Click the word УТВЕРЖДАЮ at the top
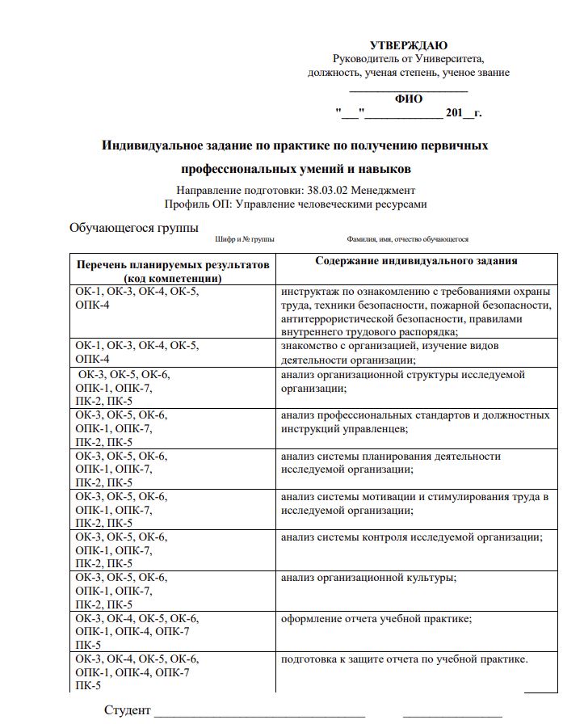click(408, 45)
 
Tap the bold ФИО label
click(408, 99)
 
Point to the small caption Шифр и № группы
click(245, 240)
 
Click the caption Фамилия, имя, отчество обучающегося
click(407, 240)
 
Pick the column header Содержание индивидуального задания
click(416, 261)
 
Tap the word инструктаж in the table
click(308, 292)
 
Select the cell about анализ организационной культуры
click(368, 578)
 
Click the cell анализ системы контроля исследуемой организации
click(411, 537)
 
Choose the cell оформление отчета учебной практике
click(376, 619)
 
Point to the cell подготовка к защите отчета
click(404, 659)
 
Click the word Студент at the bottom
click(127, 710)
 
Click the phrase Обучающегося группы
click(134, 227)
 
